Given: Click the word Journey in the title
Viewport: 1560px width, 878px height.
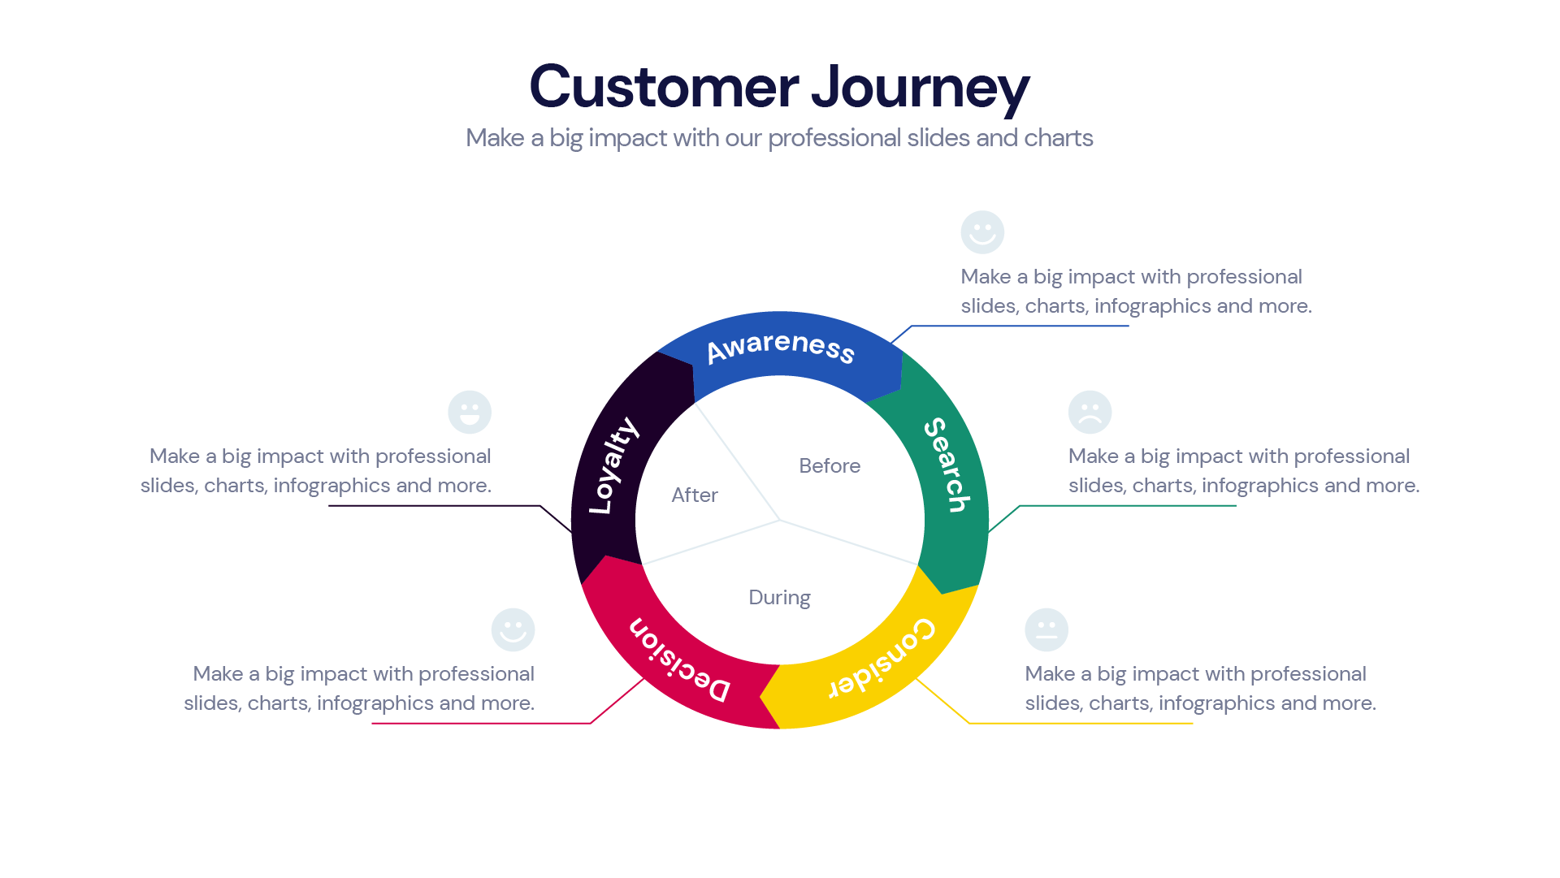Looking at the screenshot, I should [920, 88].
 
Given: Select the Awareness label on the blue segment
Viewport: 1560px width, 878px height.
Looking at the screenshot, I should [780, 348].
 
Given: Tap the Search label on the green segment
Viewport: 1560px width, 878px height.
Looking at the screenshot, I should [947, 465].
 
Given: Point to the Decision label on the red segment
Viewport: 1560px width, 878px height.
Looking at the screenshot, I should [679, 660].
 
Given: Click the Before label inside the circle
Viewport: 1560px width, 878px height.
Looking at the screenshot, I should [829, 466].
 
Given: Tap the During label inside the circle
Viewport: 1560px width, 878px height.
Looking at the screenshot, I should [779, 598].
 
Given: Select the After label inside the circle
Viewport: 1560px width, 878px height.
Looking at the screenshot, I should [695, 495].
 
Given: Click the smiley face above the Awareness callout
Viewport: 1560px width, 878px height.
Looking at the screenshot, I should [982, 233].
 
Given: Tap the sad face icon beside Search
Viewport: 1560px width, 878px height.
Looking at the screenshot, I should [1090, 413].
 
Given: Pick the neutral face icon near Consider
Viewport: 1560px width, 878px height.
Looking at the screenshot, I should [1046, 630].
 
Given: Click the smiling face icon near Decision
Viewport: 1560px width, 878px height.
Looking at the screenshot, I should [513, 630].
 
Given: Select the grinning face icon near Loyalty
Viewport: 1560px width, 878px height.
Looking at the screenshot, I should [470, 413].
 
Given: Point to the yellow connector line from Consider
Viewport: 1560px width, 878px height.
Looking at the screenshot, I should [1081, 723].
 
